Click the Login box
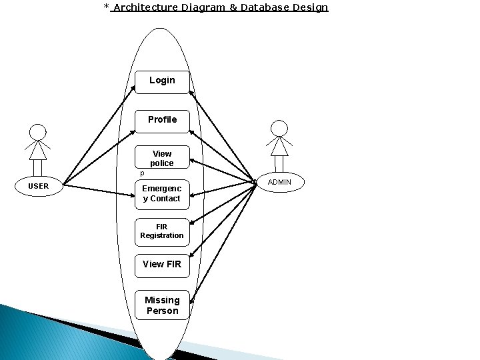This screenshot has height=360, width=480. (162, 81)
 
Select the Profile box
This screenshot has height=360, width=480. (162, 120)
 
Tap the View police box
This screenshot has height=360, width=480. (162, 158)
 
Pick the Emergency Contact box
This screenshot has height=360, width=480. (162, 193)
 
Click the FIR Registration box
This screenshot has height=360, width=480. (162, 231)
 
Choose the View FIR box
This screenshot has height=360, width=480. (162, 265)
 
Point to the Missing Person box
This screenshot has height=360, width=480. (162, 305)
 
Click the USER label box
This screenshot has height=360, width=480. (39, 186)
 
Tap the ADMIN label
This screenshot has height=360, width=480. (279, 182)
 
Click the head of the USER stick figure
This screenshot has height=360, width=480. (39, 132)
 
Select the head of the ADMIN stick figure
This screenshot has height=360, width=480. (280, 128)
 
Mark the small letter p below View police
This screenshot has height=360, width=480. (141, 173)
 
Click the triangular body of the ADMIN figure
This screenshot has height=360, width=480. (280, 146)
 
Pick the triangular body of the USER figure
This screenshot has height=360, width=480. (39, 151)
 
